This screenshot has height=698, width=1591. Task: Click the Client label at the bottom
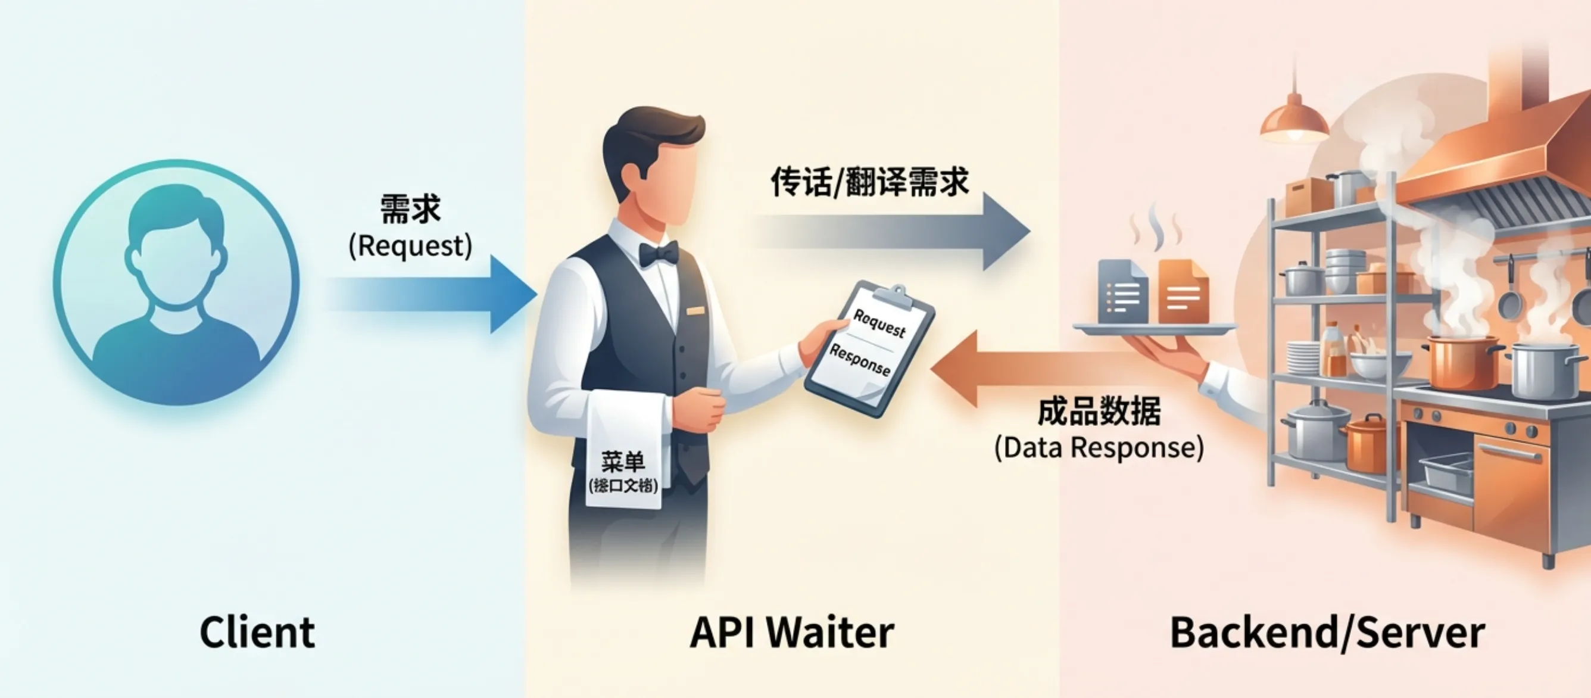[x=257, y=632]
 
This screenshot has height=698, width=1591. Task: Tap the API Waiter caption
[x=791, y=632]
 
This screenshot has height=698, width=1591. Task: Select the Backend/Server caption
[x=1327, y=632]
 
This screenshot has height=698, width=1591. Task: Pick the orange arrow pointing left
[x=1038, y=369]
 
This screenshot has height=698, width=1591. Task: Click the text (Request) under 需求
[x=410, y=246]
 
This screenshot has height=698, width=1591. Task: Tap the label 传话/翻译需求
[x=869, y=182]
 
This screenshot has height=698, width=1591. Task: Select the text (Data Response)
[x=1099, y=447]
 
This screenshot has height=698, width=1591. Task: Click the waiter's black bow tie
[x=659, y=253]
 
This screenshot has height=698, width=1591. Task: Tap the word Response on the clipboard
[x=859, y=360]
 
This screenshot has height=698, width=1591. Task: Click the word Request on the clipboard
[x=879, y=323]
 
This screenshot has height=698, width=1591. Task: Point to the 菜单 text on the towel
[x=623, y=462]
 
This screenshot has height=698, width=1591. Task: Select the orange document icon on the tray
[x=1183, y=292]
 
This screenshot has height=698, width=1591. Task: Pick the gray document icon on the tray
[x=1122, y=292]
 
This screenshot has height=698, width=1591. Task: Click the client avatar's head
[x=176, y=247]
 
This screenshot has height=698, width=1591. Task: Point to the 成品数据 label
[x=1099, y=412]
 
